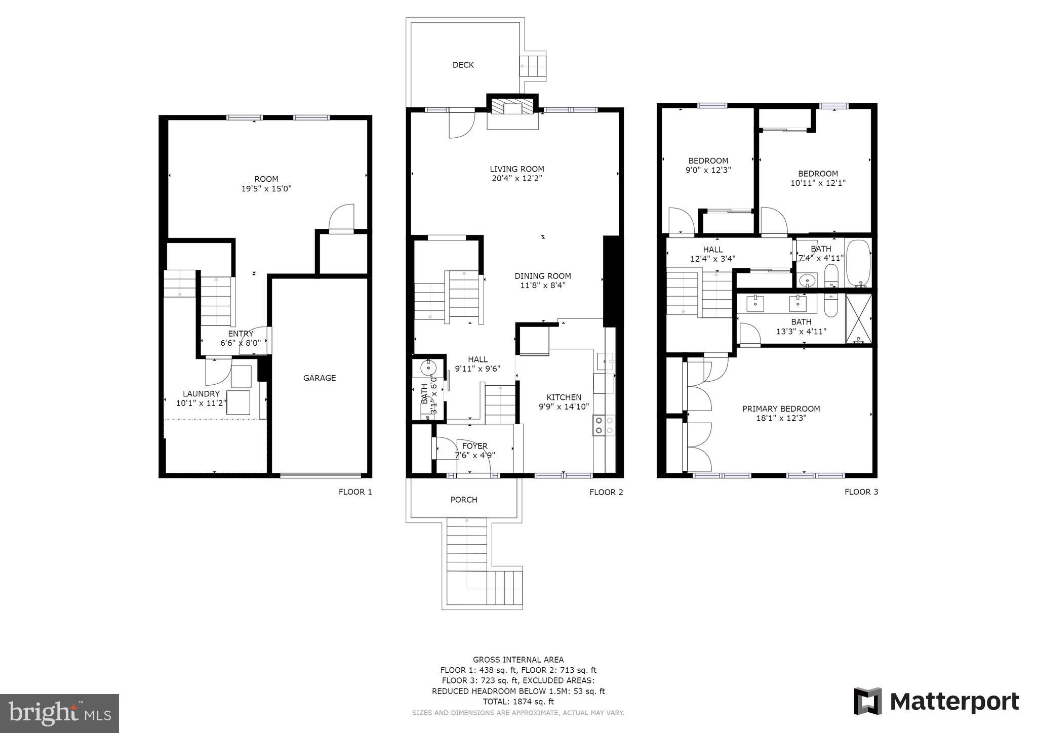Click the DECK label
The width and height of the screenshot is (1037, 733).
[463, 65]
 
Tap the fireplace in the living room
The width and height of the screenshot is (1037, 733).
[512, 107]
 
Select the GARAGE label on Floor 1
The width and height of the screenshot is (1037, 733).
[319, 378]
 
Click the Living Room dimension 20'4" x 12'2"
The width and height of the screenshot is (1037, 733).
[516, 179]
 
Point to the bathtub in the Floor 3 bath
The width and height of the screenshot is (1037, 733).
[858, 263]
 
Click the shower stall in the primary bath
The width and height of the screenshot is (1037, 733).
[858, 318]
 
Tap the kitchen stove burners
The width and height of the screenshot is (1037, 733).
[604, 425]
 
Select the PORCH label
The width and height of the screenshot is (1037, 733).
[463, 500]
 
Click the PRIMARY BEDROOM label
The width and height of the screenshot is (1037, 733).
[781, 409]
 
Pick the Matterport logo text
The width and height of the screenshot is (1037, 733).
[954, 702]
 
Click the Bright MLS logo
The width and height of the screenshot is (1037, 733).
[59, 713]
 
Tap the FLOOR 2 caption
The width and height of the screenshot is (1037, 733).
[606, 492]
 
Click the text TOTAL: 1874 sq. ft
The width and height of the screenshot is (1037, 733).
[518, 702]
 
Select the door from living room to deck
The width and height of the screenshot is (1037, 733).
[461, 124]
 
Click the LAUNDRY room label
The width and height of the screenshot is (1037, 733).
[201, 394]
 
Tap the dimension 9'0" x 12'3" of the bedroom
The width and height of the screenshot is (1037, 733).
[708, 171]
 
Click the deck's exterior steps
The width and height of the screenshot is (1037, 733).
[533, 66]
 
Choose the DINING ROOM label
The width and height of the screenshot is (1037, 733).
[542, 276]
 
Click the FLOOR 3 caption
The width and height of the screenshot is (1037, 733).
[861, 492]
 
